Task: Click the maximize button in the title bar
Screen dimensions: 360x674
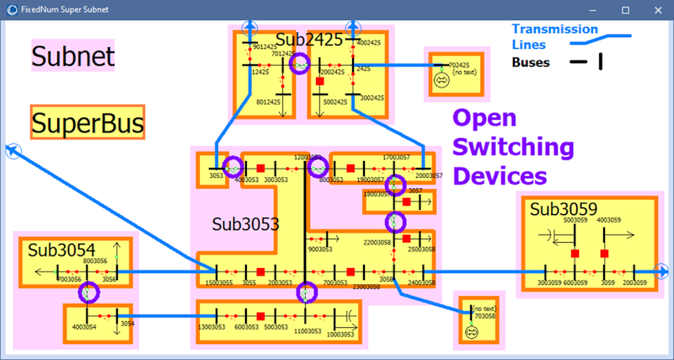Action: coord(625,9)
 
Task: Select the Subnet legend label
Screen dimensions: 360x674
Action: coord(72,56)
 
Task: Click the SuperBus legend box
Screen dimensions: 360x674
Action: coord(87,123)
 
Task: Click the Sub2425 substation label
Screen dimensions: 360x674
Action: coord(309,40)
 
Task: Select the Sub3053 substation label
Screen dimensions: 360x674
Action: coord(245,224)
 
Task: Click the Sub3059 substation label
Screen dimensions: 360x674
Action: coord(564,209)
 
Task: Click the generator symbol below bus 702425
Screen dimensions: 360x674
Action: coord(439,81)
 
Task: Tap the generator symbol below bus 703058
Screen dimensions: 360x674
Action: coord(472,332)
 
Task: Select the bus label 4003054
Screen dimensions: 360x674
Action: coord(84,326)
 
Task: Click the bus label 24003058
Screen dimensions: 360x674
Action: coord(421,283)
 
